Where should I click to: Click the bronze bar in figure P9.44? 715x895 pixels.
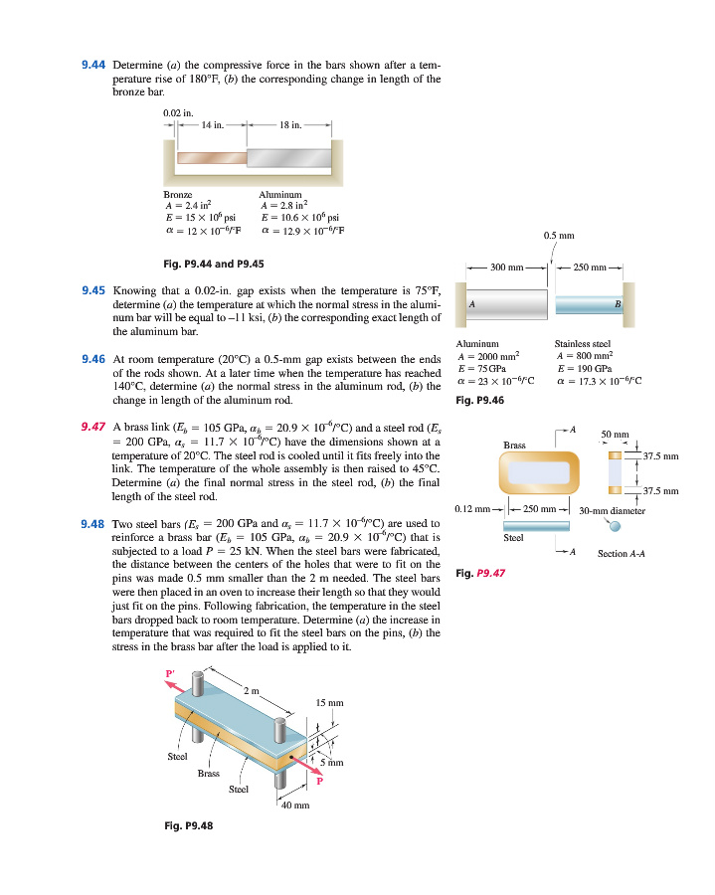pos(211,157)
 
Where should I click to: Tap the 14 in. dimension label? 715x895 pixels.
pos(213,124)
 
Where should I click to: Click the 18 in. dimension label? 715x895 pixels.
pos(290,124)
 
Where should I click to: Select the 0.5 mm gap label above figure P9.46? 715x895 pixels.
pos(557,236)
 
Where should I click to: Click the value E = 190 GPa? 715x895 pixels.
pos(584,368)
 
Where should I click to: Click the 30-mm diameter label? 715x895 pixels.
pos(613,510)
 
